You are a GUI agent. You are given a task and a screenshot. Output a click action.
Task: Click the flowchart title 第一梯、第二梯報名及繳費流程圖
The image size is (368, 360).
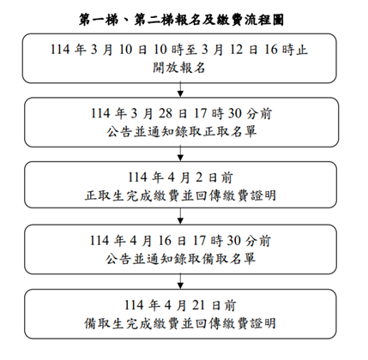click(181, 20)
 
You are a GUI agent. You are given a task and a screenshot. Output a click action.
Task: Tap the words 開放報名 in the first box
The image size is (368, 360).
click(179, 68)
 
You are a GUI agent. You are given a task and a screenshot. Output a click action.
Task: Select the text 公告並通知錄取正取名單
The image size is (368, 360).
click(181, 132)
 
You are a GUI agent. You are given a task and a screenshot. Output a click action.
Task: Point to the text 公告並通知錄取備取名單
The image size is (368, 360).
click(180, 259)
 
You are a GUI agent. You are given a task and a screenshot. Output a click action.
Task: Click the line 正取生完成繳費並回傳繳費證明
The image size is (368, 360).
click(180, 195)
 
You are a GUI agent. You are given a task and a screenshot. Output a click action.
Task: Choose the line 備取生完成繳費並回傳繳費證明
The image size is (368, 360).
click(180, 323)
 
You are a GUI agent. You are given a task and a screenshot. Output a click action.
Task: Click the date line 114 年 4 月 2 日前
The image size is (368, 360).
click(180, 177)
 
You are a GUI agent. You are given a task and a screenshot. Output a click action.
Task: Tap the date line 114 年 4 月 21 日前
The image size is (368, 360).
click(180, 305)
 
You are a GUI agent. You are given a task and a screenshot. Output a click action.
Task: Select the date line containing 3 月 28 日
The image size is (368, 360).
click(181, 113)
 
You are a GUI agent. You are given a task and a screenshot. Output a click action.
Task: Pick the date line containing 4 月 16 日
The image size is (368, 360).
click(180, 241)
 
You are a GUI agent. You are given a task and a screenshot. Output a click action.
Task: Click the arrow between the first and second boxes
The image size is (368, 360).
click(180, 89)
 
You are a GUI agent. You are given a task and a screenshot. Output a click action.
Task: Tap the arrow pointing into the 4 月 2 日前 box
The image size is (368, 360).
click(180, 153)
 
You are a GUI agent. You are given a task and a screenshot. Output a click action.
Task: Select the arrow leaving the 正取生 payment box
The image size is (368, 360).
click(180, 216)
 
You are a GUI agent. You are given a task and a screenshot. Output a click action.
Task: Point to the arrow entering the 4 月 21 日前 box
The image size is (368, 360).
click(180, 281)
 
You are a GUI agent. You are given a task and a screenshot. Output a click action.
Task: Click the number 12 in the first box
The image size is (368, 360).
click(236, 50)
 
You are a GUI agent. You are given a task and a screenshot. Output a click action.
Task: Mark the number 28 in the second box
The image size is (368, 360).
click(166, 113)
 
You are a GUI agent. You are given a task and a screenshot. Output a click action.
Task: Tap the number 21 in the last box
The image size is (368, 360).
click(198, 305)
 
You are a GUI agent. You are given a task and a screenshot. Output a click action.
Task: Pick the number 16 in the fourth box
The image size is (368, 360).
click(165, 241)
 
